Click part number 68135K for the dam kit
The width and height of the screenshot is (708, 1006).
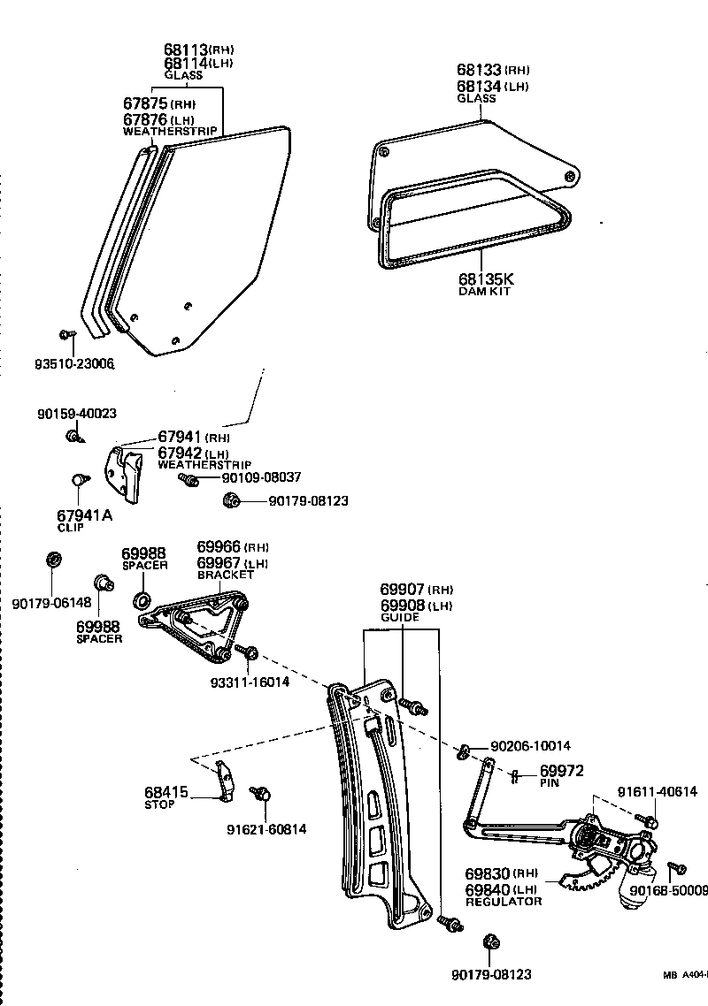pyautogui.click(x=483, y=278)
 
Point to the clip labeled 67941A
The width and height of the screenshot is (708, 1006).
pyautogui.click(x=77, y=480)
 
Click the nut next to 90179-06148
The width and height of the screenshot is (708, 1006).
pyautogui.click(x=52, y=560)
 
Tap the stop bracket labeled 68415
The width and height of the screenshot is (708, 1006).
pyautogui.click(x=226, y=781)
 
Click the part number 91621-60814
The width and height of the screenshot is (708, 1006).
pyautogui.click(x=266, y=829)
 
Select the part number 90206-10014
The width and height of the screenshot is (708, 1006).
pyautogui.click(x=531, y=745)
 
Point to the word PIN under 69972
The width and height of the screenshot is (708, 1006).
pyautogui.click(x=550, y=782)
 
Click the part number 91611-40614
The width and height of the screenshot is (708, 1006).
pyautogui.click(x=658, y=792)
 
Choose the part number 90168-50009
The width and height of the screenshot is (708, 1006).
pyautogui.click(x=676, y=890)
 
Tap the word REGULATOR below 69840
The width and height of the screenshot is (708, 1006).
pyautogui.click(x=503, y=901)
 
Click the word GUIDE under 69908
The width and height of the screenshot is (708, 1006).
pyautogui.click(x=399, y=618)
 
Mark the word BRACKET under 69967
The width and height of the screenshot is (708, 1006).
pyautogui.click(x=225, y=575)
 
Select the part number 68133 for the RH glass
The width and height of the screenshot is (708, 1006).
pyautogui.click(x=479, y=69)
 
